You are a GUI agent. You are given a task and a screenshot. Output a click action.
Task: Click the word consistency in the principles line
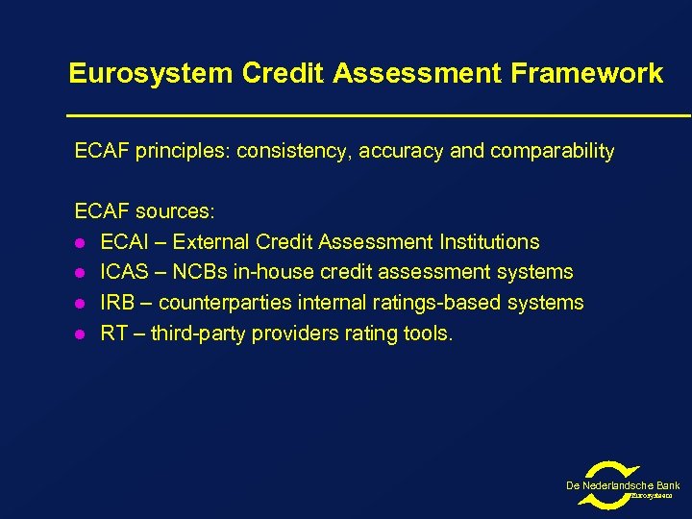[293, 151]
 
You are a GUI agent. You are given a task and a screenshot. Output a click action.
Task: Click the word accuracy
[401, 151]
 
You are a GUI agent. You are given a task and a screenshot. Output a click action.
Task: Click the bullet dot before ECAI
[82, 242]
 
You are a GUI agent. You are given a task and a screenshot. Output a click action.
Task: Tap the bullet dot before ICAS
[82, 273]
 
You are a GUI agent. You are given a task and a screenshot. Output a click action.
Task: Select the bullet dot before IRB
[82, 304]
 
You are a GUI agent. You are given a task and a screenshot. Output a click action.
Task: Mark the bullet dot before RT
[82, 334]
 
